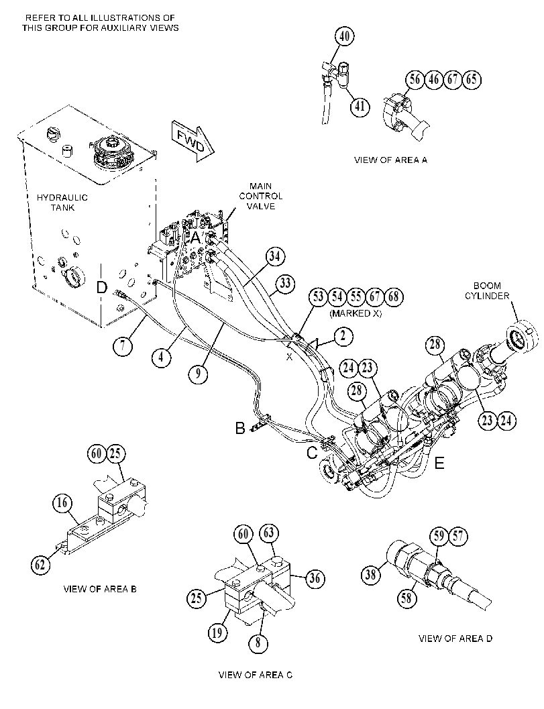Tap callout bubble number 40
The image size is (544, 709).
pos(345,36)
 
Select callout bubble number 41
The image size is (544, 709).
pos(360,106)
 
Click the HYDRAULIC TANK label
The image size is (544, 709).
pos(62,203)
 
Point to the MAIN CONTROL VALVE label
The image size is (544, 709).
pos(261,197)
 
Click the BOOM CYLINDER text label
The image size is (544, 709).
pos(487,290)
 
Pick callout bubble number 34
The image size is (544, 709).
pos(275,256)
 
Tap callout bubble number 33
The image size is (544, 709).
pos(285,284)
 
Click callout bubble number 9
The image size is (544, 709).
pos(198,374)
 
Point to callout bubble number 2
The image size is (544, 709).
pos(343,335)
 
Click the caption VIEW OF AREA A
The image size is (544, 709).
pos(390,160)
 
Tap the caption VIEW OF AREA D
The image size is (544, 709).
pos(455,639)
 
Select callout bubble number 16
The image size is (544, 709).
pos(62,502)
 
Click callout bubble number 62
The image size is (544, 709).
pos(40,565)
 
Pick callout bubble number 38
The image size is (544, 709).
pos(370,575)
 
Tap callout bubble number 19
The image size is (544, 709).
pos(217,632)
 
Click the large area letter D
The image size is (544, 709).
pos(102,287)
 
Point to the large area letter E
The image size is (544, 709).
pos(439,463)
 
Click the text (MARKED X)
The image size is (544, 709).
pos(356,313)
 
